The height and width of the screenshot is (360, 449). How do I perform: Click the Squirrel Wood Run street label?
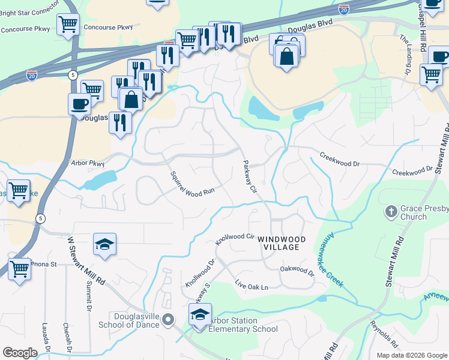(x=192, y=183)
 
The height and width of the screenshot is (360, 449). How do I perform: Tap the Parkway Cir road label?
(x=250, y=176)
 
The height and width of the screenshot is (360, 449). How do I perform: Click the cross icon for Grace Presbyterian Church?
(x=391, y=211)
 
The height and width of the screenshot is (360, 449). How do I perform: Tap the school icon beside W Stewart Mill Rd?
(x=104, y=244)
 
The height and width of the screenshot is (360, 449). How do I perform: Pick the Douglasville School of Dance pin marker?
(x=168, y=319)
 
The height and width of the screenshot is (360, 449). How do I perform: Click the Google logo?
(x=20, y=353)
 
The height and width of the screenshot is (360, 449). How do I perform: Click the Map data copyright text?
(x=412, y=355)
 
